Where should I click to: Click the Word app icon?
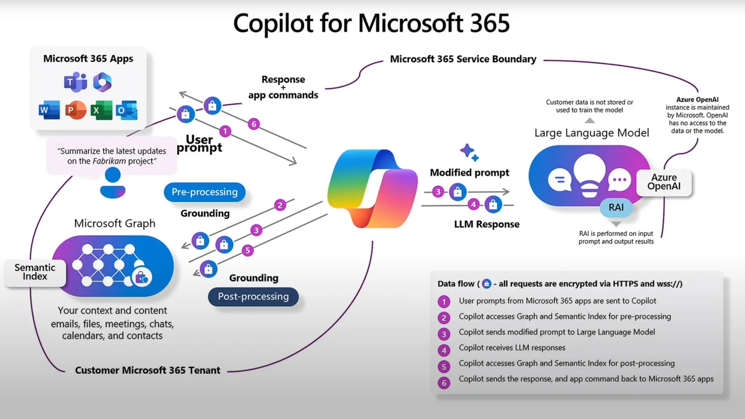[x=49, y=110]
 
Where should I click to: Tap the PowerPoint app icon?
[x=75, y=110]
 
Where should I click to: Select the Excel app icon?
[x=101, y=110]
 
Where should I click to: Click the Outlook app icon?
[x=127, y=110]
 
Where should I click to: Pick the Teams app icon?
[x=75, y=82]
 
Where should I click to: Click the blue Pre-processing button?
[x=204, y=192]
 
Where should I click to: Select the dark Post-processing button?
[x=253, y=297]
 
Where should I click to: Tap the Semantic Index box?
[x=35, y=272]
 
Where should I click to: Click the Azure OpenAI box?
[x=664, y=182]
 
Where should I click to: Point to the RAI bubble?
[x=616, y=207]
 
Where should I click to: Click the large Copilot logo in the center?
[x=372, y=188]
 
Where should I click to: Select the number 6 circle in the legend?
[x=444, y=383]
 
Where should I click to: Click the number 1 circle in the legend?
[x=444, y=302]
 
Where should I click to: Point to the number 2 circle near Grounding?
[x=280, y=205]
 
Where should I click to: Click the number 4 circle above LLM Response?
[x=473, y=204]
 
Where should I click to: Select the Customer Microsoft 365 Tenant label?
[x=147, y=370]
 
